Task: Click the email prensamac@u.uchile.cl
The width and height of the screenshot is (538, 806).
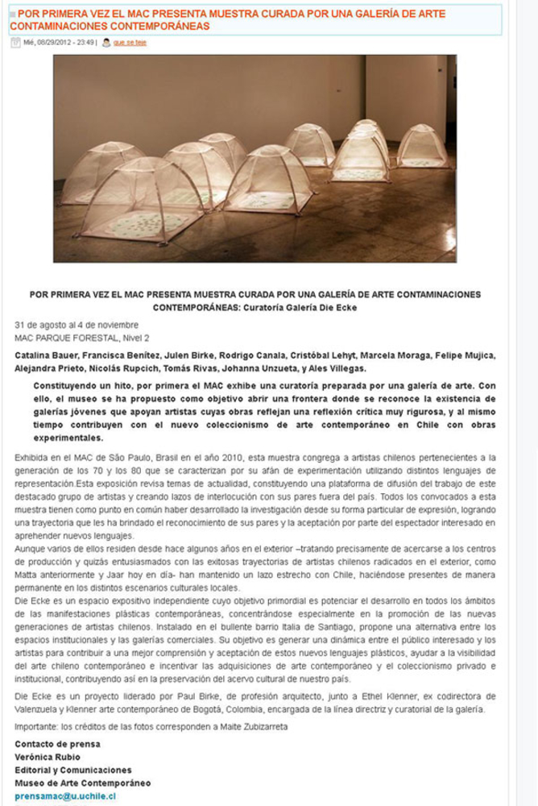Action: (x=65, y=796)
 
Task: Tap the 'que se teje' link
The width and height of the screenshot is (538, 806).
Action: (x=130, y=42)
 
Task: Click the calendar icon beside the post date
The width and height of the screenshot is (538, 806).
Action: (x=15, y=42)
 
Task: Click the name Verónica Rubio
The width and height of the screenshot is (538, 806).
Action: (x=44, y=757)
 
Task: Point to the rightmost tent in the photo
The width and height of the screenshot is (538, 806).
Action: (x=421, y=147)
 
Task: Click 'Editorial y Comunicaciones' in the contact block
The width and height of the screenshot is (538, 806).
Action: (x=73, y=770)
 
